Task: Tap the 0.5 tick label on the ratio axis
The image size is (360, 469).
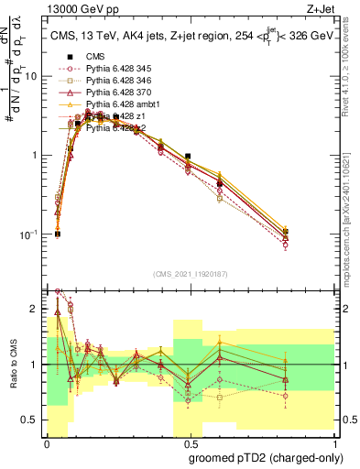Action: tap(32, 420)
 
